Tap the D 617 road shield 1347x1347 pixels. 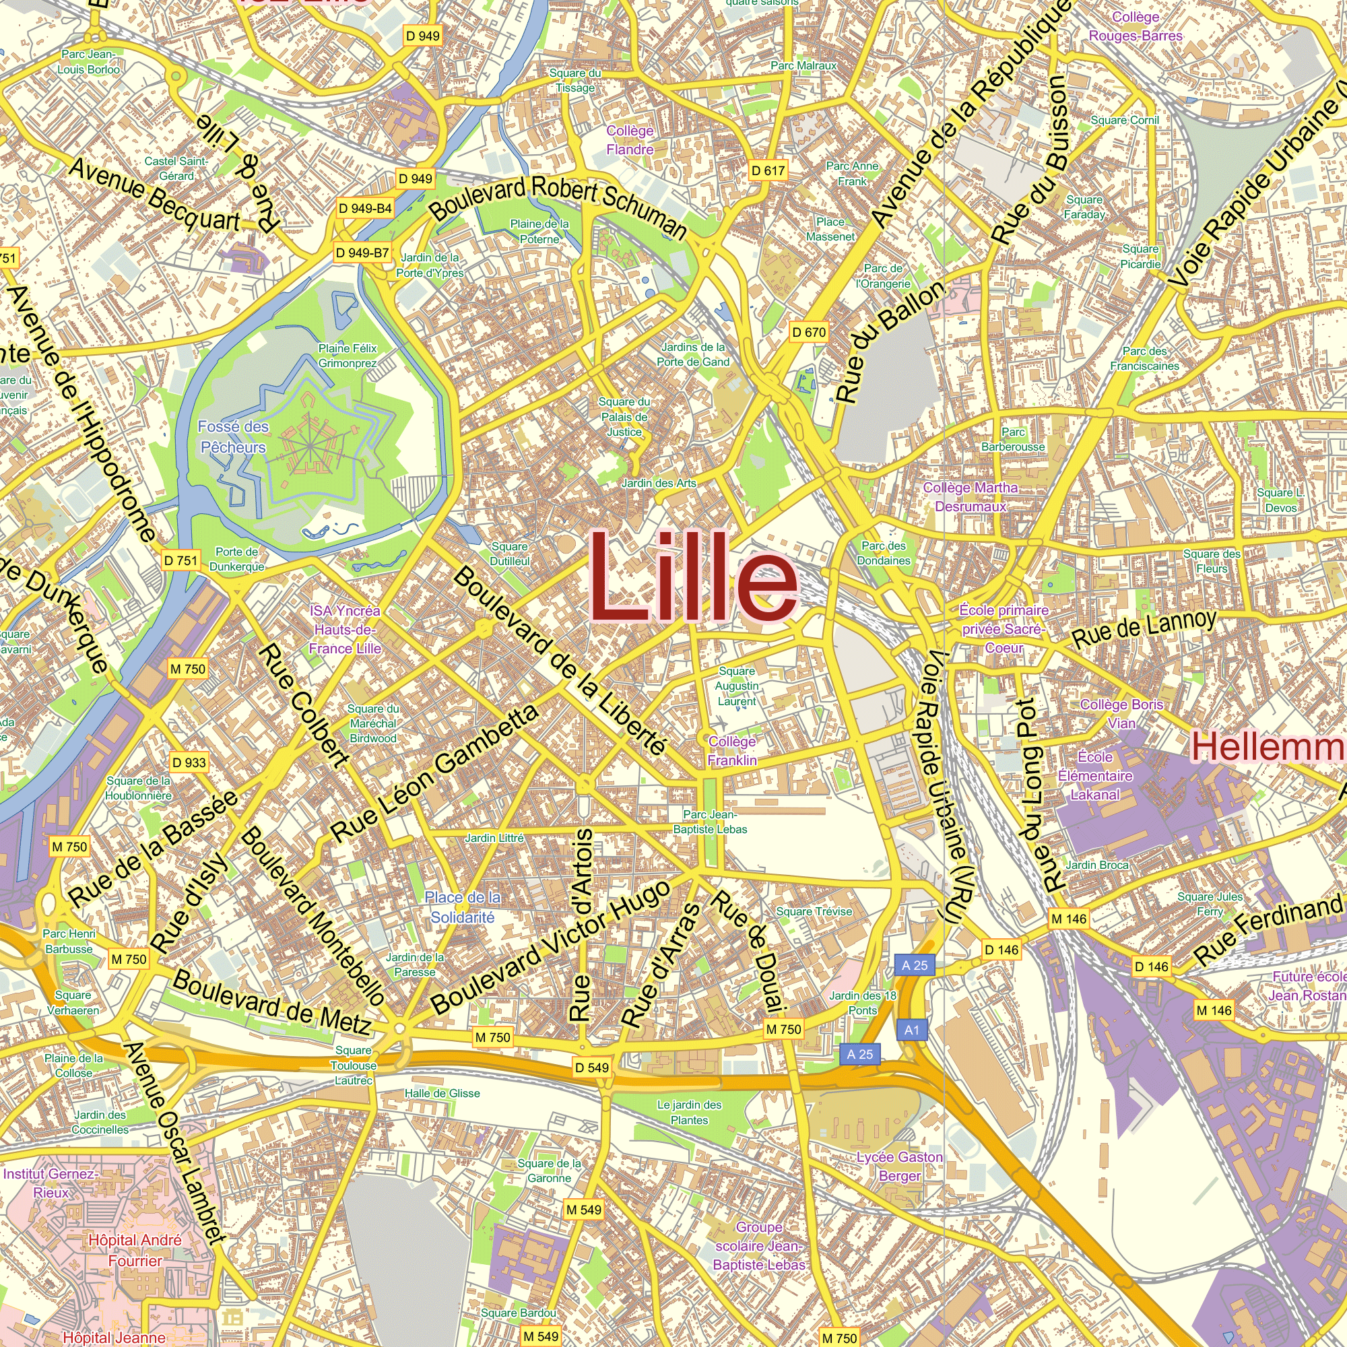pyautogui.click(x=768, y=171)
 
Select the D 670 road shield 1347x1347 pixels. pyautogui.click(x=809, y=333)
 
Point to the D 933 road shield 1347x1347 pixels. pyautogui.click(x=189, y=763)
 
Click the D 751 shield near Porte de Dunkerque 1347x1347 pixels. pyautogui.click(x=180, y=560)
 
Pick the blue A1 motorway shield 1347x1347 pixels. pyautogui.click(x=912, y=1030)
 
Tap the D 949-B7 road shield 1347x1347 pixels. pyautogui.click(x=362, y=253)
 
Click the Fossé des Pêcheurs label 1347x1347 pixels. pyautogui.click(x=233, y=437)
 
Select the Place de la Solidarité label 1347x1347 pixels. pyautogui.click(x=462, y=907)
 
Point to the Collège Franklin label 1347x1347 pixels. pyautogui.click(x=732, y=751)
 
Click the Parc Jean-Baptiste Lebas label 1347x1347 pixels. pyautogui.click(x=710, y=822)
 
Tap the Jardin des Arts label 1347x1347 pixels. pyautogui.click(x=659, y=483)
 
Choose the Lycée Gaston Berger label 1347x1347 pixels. pyautogui.click(x=899, y=1167)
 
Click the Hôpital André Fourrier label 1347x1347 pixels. pyautogui.click(x=135, y=1250)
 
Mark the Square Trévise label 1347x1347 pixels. pyautogui.click(x=814, y=911)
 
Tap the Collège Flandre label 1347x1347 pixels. pyautogui.click(x=630, y=140)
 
